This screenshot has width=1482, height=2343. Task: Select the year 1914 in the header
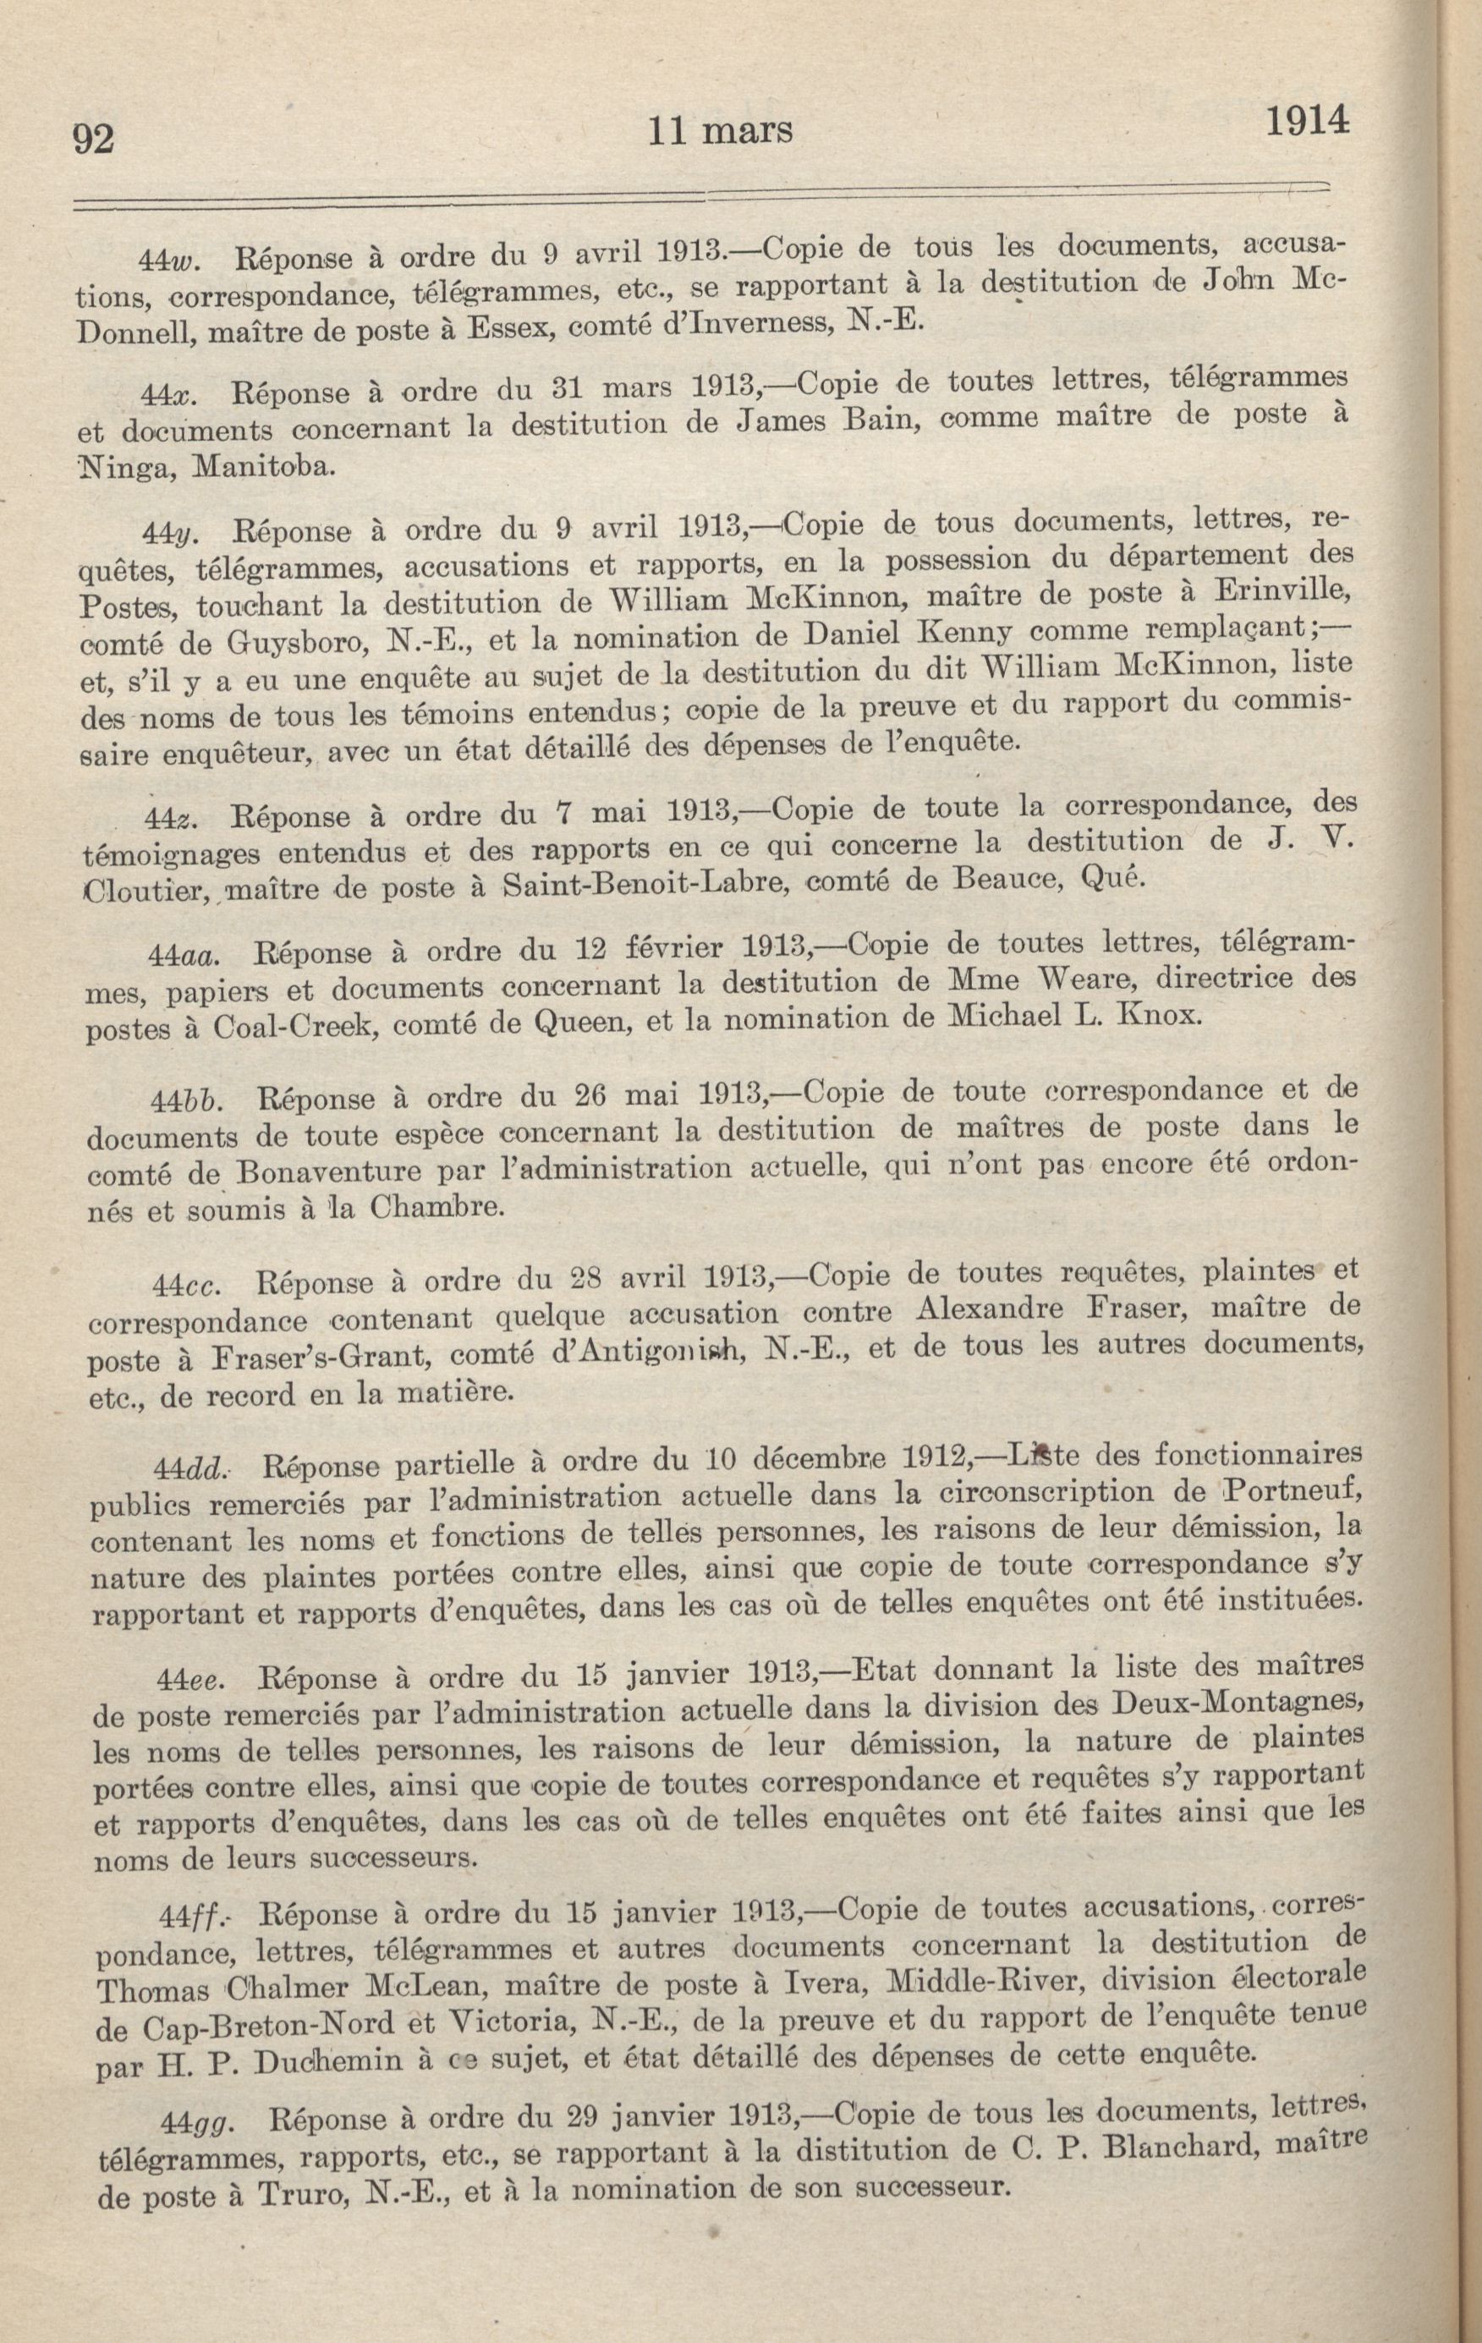click(x=1307, y=122)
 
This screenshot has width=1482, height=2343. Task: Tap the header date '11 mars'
click(x=720, y=129)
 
